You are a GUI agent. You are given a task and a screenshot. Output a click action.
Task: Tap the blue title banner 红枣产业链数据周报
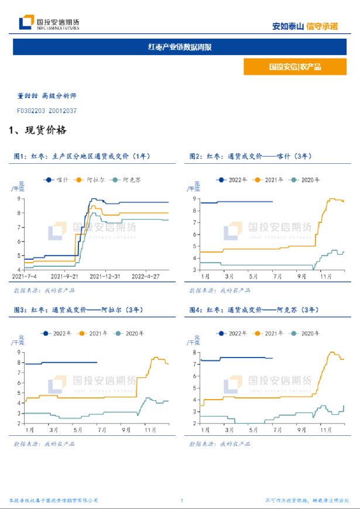click(x=180, y=47)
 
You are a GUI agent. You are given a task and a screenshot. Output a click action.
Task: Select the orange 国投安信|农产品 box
click(x=294, y=67)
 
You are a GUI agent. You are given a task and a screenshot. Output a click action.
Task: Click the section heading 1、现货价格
click(x=38, y=129)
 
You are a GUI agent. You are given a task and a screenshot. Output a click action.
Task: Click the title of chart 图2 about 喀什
click(x=251, y=156)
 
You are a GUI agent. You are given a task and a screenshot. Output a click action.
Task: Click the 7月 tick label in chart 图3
click(x=102, y=430)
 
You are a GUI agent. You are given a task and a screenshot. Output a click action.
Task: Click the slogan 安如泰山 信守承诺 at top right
click(x=305, y=26)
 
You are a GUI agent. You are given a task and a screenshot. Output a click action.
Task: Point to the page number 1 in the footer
click(x=182, y=501)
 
